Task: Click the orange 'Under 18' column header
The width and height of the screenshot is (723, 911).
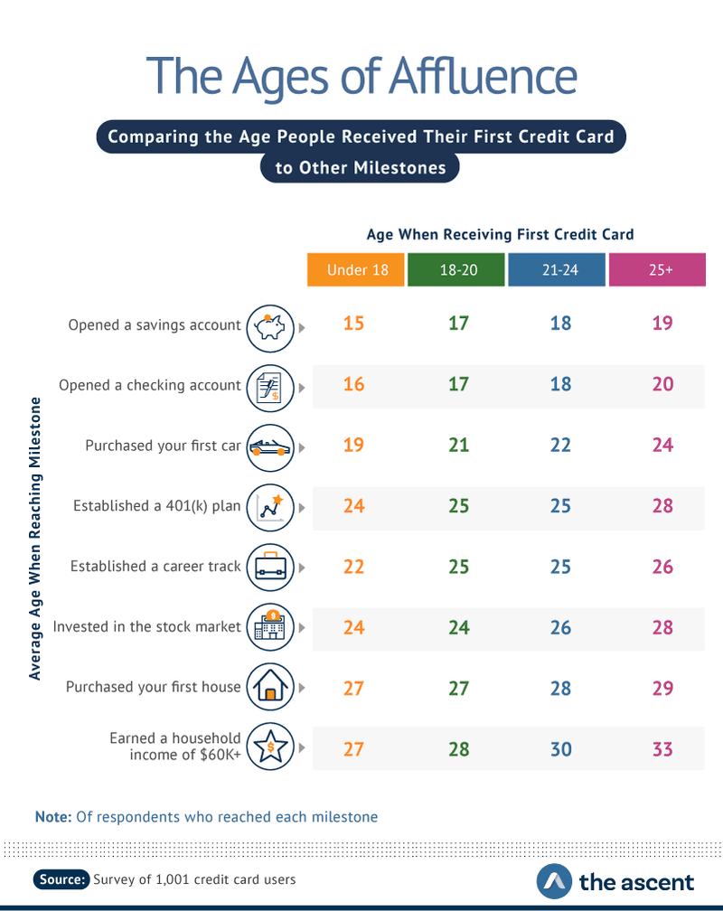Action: click(x=353, y=269)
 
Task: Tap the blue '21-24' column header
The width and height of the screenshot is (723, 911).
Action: click(x=557, y=269)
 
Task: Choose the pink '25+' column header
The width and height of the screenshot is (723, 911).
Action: click(x=657, y=269)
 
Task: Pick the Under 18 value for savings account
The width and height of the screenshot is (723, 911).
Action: click(x=353, y=324)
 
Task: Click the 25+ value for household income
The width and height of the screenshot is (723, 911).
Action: click(x=662, y=748)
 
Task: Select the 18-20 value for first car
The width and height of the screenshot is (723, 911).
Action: click(x=458, y=445)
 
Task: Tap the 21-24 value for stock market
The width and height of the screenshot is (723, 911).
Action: click(x=560, y=626)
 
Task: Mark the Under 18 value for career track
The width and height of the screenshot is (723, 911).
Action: click(x=353, y=566)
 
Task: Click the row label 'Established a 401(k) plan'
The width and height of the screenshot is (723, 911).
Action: click(x=156, y=506)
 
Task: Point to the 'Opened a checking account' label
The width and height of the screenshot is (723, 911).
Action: click(x=150, y=385)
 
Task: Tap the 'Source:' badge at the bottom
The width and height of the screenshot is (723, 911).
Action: click(x=62, y=878)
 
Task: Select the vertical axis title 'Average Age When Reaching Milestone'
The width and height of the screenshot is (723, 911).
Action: click(x=35, y=537)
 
